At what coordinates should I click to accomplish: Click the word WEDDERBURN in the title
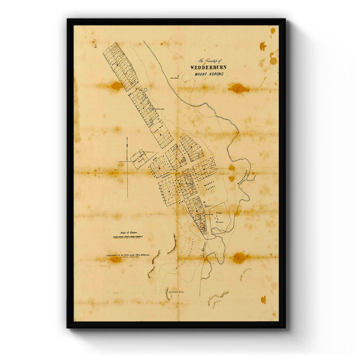[x=208, y=67]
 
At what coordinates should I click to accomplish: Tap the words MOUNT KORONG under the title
[x=209, y=74]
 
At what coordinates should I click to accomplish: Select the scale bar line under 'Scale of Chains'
[x=128, y=237]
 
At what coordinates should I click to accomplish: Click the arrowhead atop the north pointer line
[x=127, y=139]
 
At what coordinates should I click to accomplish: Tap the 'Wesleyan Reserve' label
[x=159, y=131]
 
